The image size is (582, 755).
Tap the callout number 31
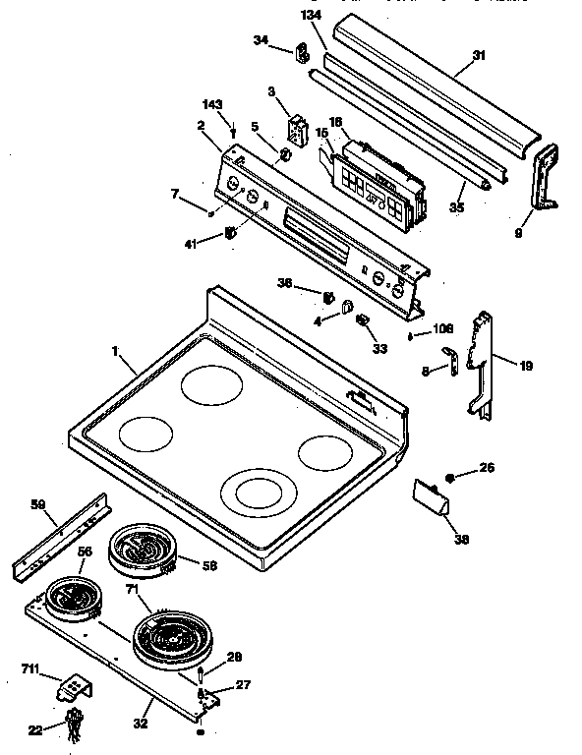pyautogui.click(x=479, y=55)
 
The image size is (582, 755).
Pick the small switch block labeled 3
pyautogui.click(x=297, y=129)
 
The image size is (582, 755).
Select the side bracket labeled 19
pyautogui.click(x=483, y=364)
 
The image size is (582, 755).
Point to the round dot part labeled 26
pyautogui.click(x=450, y=477)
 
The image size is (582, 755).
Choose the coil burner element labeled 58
pyautogui.click(x=141, y=551)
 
